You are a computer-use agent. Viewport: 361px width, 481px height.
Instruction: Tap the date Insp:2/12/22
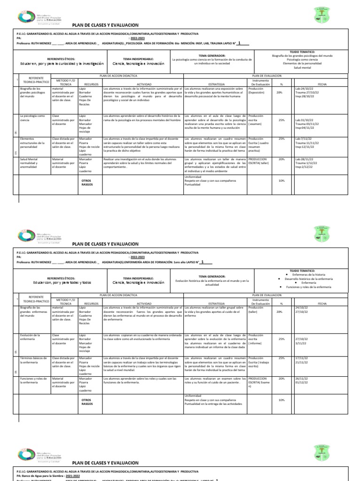coord(304,167)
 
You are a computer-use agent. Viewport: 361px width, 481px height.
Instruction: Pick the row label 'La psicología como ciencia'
coord(32,118)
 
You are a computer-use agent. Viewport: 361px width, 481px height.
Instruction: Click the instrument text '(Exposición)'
coord(257,93)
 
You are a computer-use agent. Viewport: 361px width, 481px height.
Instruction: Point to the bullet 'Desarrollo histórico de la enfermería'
coord(309,279)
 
